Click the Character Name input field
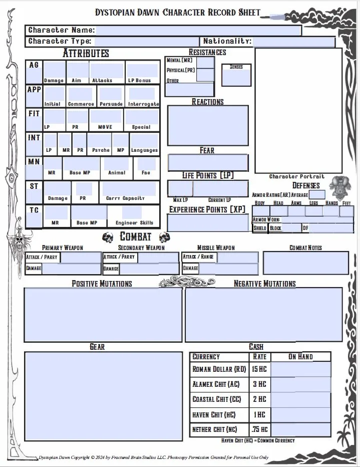tap(198, 31)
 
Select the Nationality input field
tap(293, 42)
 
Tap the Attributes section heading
tap(86, 53)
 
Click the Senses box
tap(236, 75)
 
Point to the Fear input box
tap(208, 163)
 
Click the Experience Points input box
tap(207, 222)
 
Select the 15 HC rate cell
tap(259, 369)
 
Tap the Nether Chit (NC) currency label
tap(215, 429)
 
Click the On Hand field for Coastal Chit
tap(300, 399)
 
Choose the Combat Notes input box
tap(305, 263)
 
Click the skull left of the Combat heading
tap(108, 237)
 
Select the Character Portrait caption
tap(296, 176)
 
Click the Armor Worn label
tap(266, 219)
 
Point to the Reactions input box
tap(207, 125)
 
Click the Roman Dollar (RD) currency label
tap(219, 369)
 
